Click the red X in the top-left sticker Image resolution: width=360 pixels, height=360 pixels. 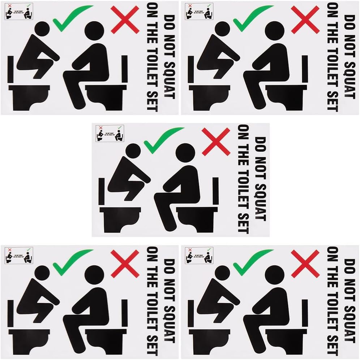125,19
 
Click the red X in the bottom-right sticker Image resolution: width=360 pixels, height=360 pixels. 305,264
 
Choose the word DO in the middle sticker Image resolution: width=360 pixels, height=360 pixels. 260,142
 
